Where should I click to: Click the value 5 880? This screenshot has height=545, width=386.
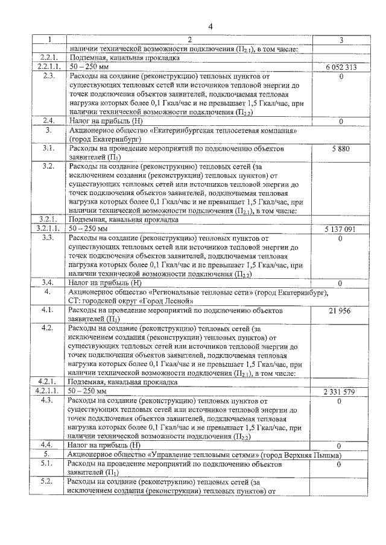[x=341, y=148]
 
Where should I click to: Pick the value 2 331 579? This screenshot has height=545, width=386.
[x=341, y=391]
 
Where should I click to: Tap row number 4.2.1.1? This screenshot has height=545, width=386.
[x=49, y=391]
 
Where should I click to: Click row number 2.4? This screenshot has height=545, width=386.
[x=49, y=121]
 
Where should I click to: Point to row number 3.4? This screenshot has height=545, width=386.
[x=49, y=282]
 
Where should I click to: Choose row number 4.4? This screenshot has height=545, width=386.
[x=49, y=444]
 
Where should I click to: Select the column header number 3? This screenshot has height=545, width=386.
[x=341, y=40]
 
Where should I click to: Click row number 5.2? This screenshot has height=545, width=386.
[x=49, y=482]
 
